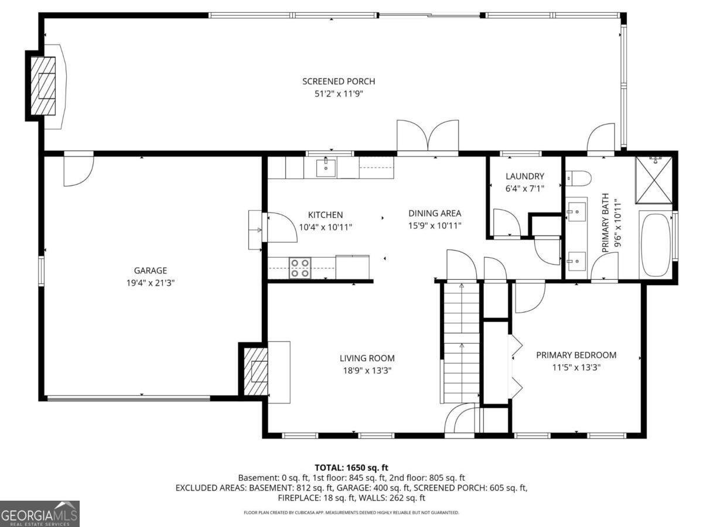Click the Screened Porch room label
coord(338,81)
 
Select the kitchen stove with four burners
coord(301,268)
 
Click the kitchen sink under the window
coord(326,167)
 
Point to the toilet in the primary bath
coord(576,176)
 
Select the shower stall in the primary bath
coord(654,180)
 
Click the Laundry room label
coord(524,176)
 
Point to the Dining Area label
coord(435,214)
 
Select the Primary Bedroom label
coord(576,355)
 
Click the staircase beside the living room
coord(460,343)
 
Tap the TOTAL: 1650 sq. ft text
coord(351,467)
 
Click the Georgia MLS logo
coord(39,514)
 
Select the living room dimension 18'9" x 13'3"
coord(367,370)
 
